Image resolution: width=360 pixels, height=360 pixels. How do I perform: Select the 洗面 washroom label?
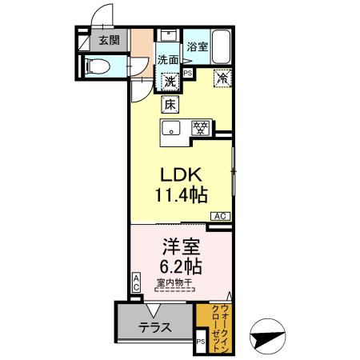click(167, 60)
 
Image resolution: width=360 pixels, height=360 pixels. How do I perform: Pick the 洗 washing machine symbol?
click(170, 80)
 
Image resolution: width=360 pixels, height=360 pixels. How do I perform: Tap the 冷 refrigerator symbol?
click(223, 78)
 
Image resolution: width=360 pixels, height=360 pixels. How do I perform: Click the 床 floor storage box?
click(170, 103)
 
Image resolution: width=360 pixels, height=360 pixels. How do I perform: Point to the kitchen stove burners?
click(201, 127)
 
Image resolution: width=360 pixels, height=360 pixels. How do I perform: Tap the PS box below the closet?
click(201, 342)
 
